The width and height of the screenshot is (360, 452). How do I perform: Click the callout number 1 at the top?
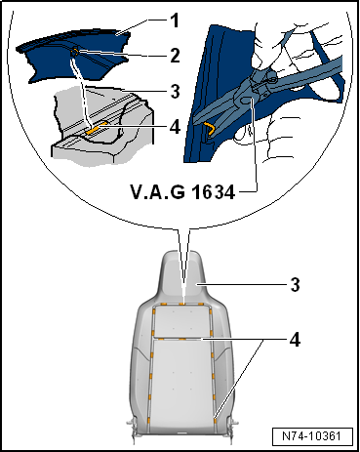175,21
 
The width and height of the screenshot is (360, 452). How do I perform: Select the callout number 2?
175,56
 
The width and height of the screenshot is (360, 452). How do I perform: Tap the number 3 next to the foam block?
176,92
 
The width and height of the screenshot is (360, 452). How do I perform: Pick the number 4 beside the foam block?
176,127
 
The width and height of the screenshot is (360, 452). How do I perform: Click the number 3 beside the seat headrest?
295,285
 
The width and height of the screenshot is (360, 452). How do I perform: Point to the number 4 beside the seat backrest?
295,340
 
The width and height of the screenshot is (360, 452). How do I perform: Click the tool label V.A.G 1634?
182,192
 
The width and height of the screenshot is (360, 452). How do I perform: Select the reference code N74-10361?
312,436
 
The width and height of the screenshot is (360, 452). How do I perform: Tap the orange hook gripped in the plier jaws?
210,129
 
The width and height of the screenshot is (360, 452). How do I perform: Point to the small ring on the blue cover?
75,51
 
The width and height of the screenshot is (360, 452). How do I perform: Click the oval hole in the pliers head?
248,101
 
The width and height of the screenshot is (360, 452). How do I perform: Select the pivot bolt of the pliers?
271,77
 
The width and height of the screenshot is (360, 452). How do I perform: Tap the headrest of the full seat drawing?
182,276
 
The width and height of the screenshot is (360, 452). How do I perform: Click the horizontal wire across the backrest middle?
182,339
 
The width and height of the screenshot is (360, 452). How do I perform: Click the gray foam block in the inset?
102,127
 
